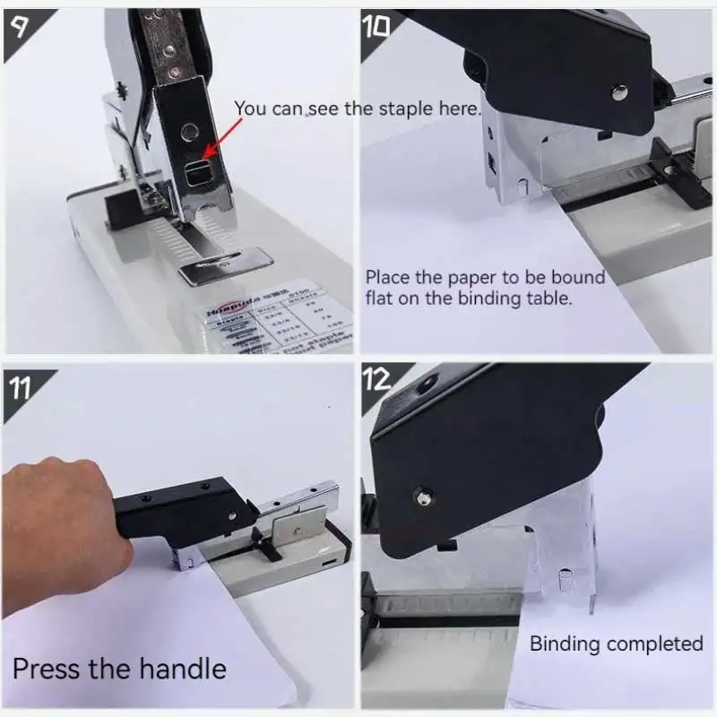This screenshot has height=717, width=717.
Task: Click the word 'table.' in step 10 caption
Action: [x=546, y=298]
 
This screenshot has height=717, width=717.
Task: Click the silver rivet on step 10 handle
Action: [x=618, y=90]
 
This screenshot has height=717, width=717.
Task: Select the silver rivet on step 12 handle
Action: [x=422, y=491]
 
